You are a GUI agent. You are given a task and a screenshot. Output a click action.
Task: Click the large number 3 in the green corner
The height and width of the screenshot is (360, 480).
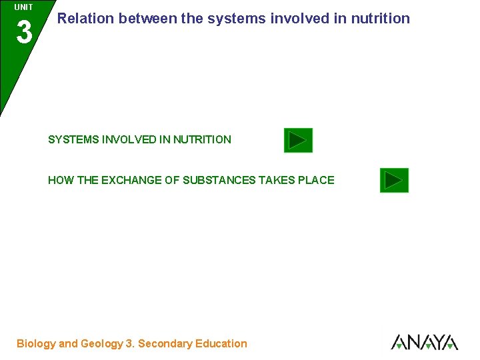pos(24,32)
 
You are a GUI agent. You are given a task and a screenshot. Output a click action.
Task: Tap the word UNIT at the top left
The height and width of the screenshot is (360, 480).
pos(23,7)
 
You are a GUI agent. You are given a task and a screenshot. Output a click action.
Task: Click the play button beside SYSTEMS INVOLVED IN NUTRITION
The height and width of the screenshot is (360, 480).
pos(298,140)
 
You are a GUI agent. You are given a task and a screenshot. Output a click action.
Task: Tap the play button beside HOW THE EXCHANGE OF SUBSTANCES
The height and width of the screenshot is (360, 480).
pos(394,180)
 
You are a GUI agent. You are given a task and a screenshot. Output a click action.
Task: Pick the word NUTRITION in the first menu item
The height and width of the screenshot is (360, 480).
pos(202,140)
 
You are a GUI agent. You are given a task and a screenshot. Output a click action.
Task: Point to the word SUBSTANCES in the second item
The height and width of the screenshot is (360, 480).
pos(219,180)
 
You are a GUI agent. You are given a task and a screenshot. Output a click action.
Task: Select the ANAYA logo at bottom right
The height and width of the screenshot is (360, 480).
pos(424,342)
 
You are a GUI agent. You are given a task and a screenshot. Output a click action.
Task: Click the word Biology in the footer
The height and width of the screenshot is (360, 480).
pos(36,344)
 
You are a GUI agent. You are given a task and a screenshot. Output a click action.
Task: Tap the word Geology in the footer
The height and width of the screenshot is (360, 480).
pos(102,344)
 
